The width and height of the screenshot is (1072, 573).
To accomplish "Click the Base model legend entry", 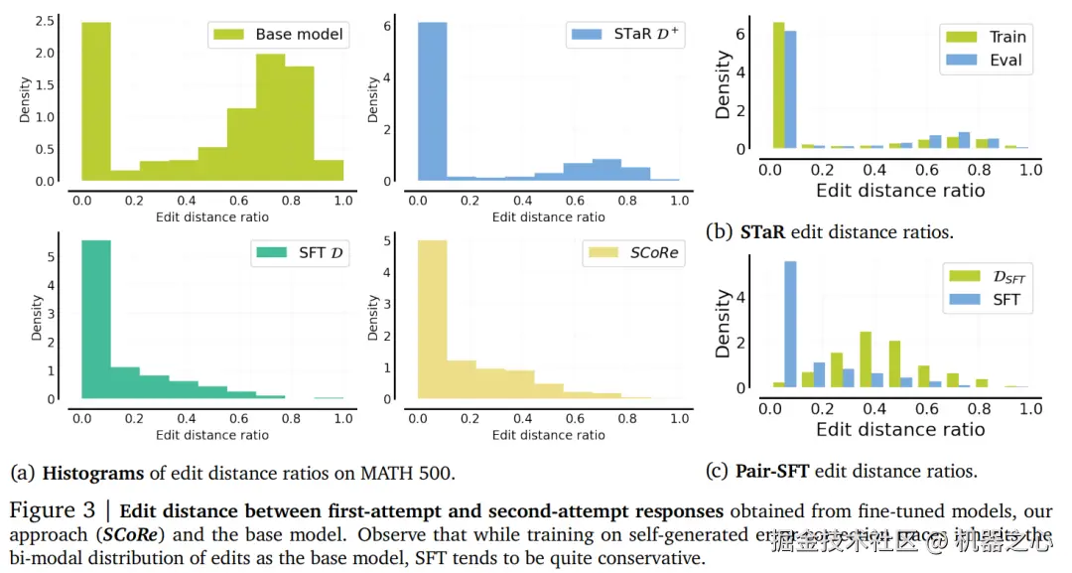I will coord(277,35).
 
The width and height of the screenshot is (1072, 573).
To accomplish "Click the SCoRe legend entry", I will coord(633,252).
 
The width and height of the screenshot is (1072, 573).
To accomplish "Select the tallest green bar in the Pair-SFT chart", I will coord(866,359).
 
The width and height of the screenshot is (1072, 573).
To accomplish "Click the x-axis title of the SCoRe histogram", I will coord(548,435).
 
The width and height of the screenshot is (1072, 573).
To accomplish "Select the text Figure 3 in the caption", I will coord(55,511).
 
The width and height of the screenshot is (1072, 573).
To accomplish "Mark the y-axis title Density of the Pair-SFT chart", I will coord(724,324).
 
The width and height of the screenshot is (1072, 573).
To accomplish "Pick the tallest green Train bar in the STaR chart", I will coord(778,85).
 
